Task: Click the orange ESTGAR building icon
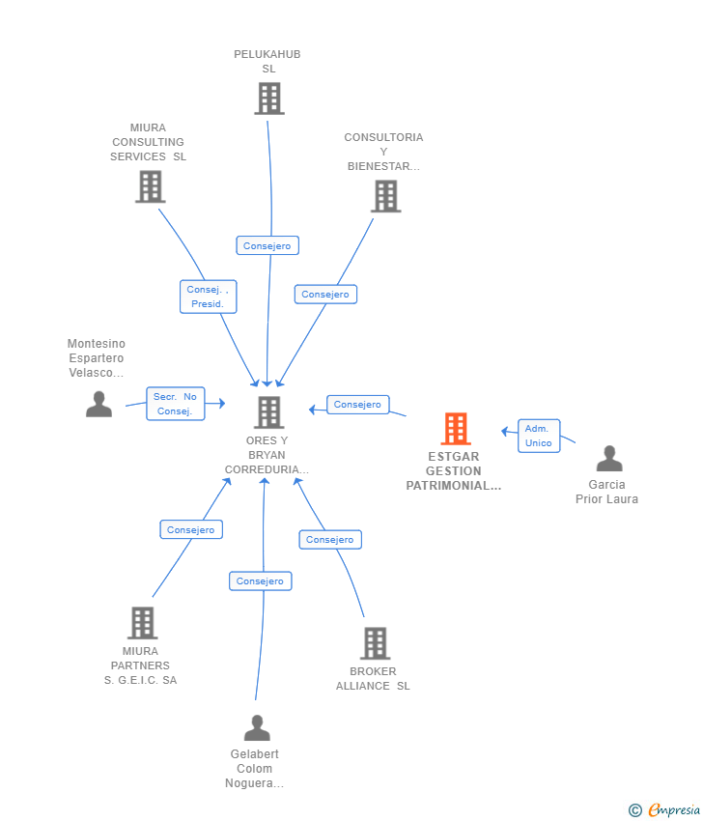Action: pos(456,428)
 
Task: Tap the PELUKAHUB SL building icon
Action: pos(269,98)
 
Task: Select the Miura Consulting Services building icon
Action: pos(151,186)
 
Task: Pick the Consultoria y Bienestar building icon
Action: pos(386,196)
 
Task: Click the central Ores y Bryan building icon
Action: pos(269,412)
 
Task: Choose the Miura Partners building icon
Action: pos(142,623)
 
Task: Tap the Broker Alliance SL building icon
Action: pos(376,643)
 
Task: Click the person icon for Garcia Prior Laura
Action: pos(609,458)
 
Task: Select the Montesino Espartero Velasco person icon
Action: pos(98,404)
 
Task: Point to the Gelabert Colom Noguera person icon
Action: pos(257,727)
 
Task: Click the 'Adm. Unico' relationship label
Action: pos(539,436)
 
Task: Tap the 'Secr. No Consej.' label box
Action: pos(176,404)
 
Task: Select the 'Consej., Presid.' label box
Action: pos(209,297)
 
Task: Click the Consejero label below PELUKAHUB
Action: pos(267,245)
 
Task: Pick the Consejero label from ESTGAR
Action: pos(358,404)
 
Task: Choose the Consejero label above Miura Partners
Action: pos(191,529)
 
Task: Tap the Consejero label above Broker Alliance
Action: pos(330,539)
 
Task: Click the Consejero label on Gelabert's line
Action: pos(260,580)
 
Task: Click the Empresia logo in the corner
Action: pos(664,810)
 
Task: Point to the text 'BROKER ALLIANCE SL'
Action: pos(373,679)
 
